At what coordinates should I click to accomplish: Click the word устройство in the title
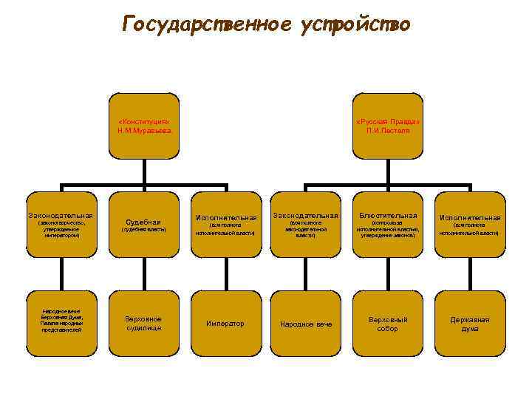[355, 24]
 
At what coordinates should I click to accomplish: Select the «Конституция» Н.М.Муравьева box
[144, 126]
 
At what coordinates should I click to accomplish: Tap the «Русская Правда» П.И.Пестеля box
[388, 126]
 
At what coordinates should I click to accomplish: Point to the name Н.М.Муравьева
[144, 130]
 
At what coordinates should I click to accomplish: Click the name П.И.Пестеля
[388, 130]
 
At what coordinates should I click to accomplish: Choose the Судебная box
[144, 225]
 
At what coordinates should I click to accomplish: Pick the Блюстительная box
[388, 225]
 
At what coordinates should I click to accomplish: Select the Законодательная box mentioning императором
[62, 225]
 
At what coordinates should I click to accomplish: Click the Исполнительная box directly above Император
[225, 225]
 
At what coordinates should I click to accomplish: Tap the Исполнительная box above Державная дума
[470, 225]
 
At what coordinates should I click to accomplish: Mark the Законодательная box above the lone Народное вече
[306, 225]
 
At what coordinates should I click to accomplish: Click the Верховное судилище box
[144, 323]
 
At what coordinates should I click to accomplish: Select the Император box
[225, 323]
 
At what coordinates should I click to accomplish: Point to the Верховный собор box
[388, 323]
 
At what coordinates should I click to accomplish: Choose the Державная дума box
[470, 323]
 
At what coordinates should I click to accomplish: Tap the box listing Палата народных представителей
[62, 323]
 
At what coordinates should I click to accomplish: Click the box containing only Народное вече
[306, 323]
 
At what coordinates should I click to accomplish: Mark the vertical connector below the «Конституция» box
[144, 171]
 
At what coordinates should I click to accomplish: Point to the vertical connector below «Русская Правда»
[388, 171]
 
